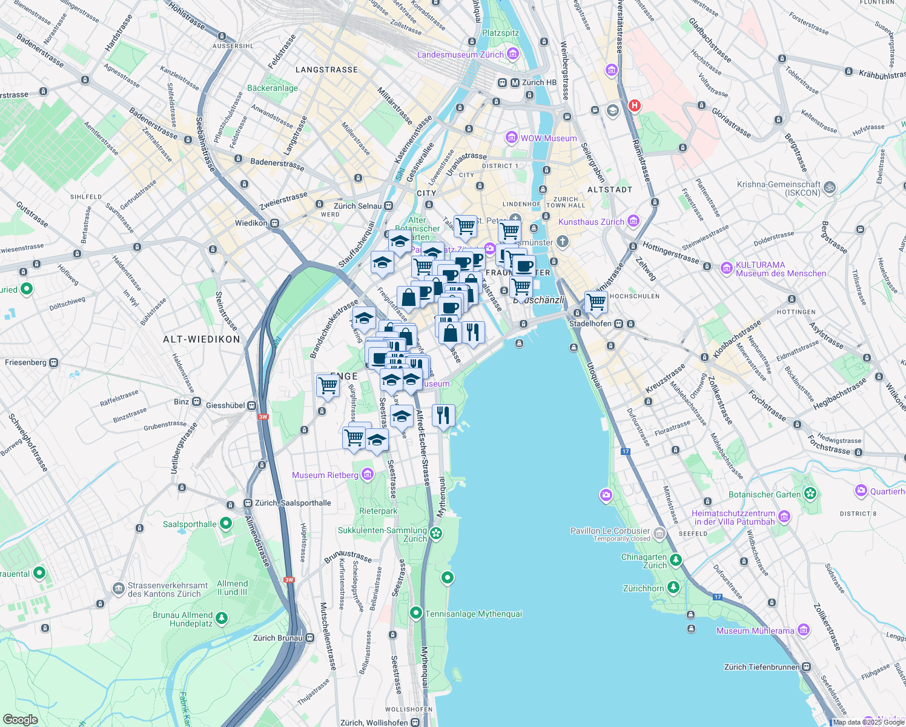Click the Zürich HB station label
(538, 82)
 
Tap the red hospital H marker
(634, 105)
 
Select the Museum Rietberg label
(325, 475)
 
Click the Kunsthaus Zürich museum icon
(633, 221)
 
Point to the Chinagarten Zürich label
(644, 561)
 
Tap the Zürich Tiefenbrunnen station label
(761, 667)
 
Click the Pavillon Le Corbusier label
(610, 531)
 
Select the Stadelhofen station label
(590, 324)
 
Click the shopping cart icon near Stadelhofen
(596, 301)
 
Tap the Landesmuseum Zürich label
(460, 55)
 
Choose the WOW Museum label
(549, 138)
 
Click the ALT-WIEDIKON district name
(202, 339)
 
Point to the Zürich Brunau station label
(277, 637)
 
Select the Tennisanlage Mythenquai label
(473, 614)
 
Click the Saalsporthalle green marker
(226, 523)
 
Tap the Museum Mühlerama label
(755, 631)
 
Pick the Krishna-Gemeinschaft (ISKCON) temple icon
(830, 188)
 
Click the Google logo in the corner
(20, 719)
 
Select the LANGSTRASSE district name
(326, 70)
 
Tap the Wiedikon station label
(251, 223)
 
